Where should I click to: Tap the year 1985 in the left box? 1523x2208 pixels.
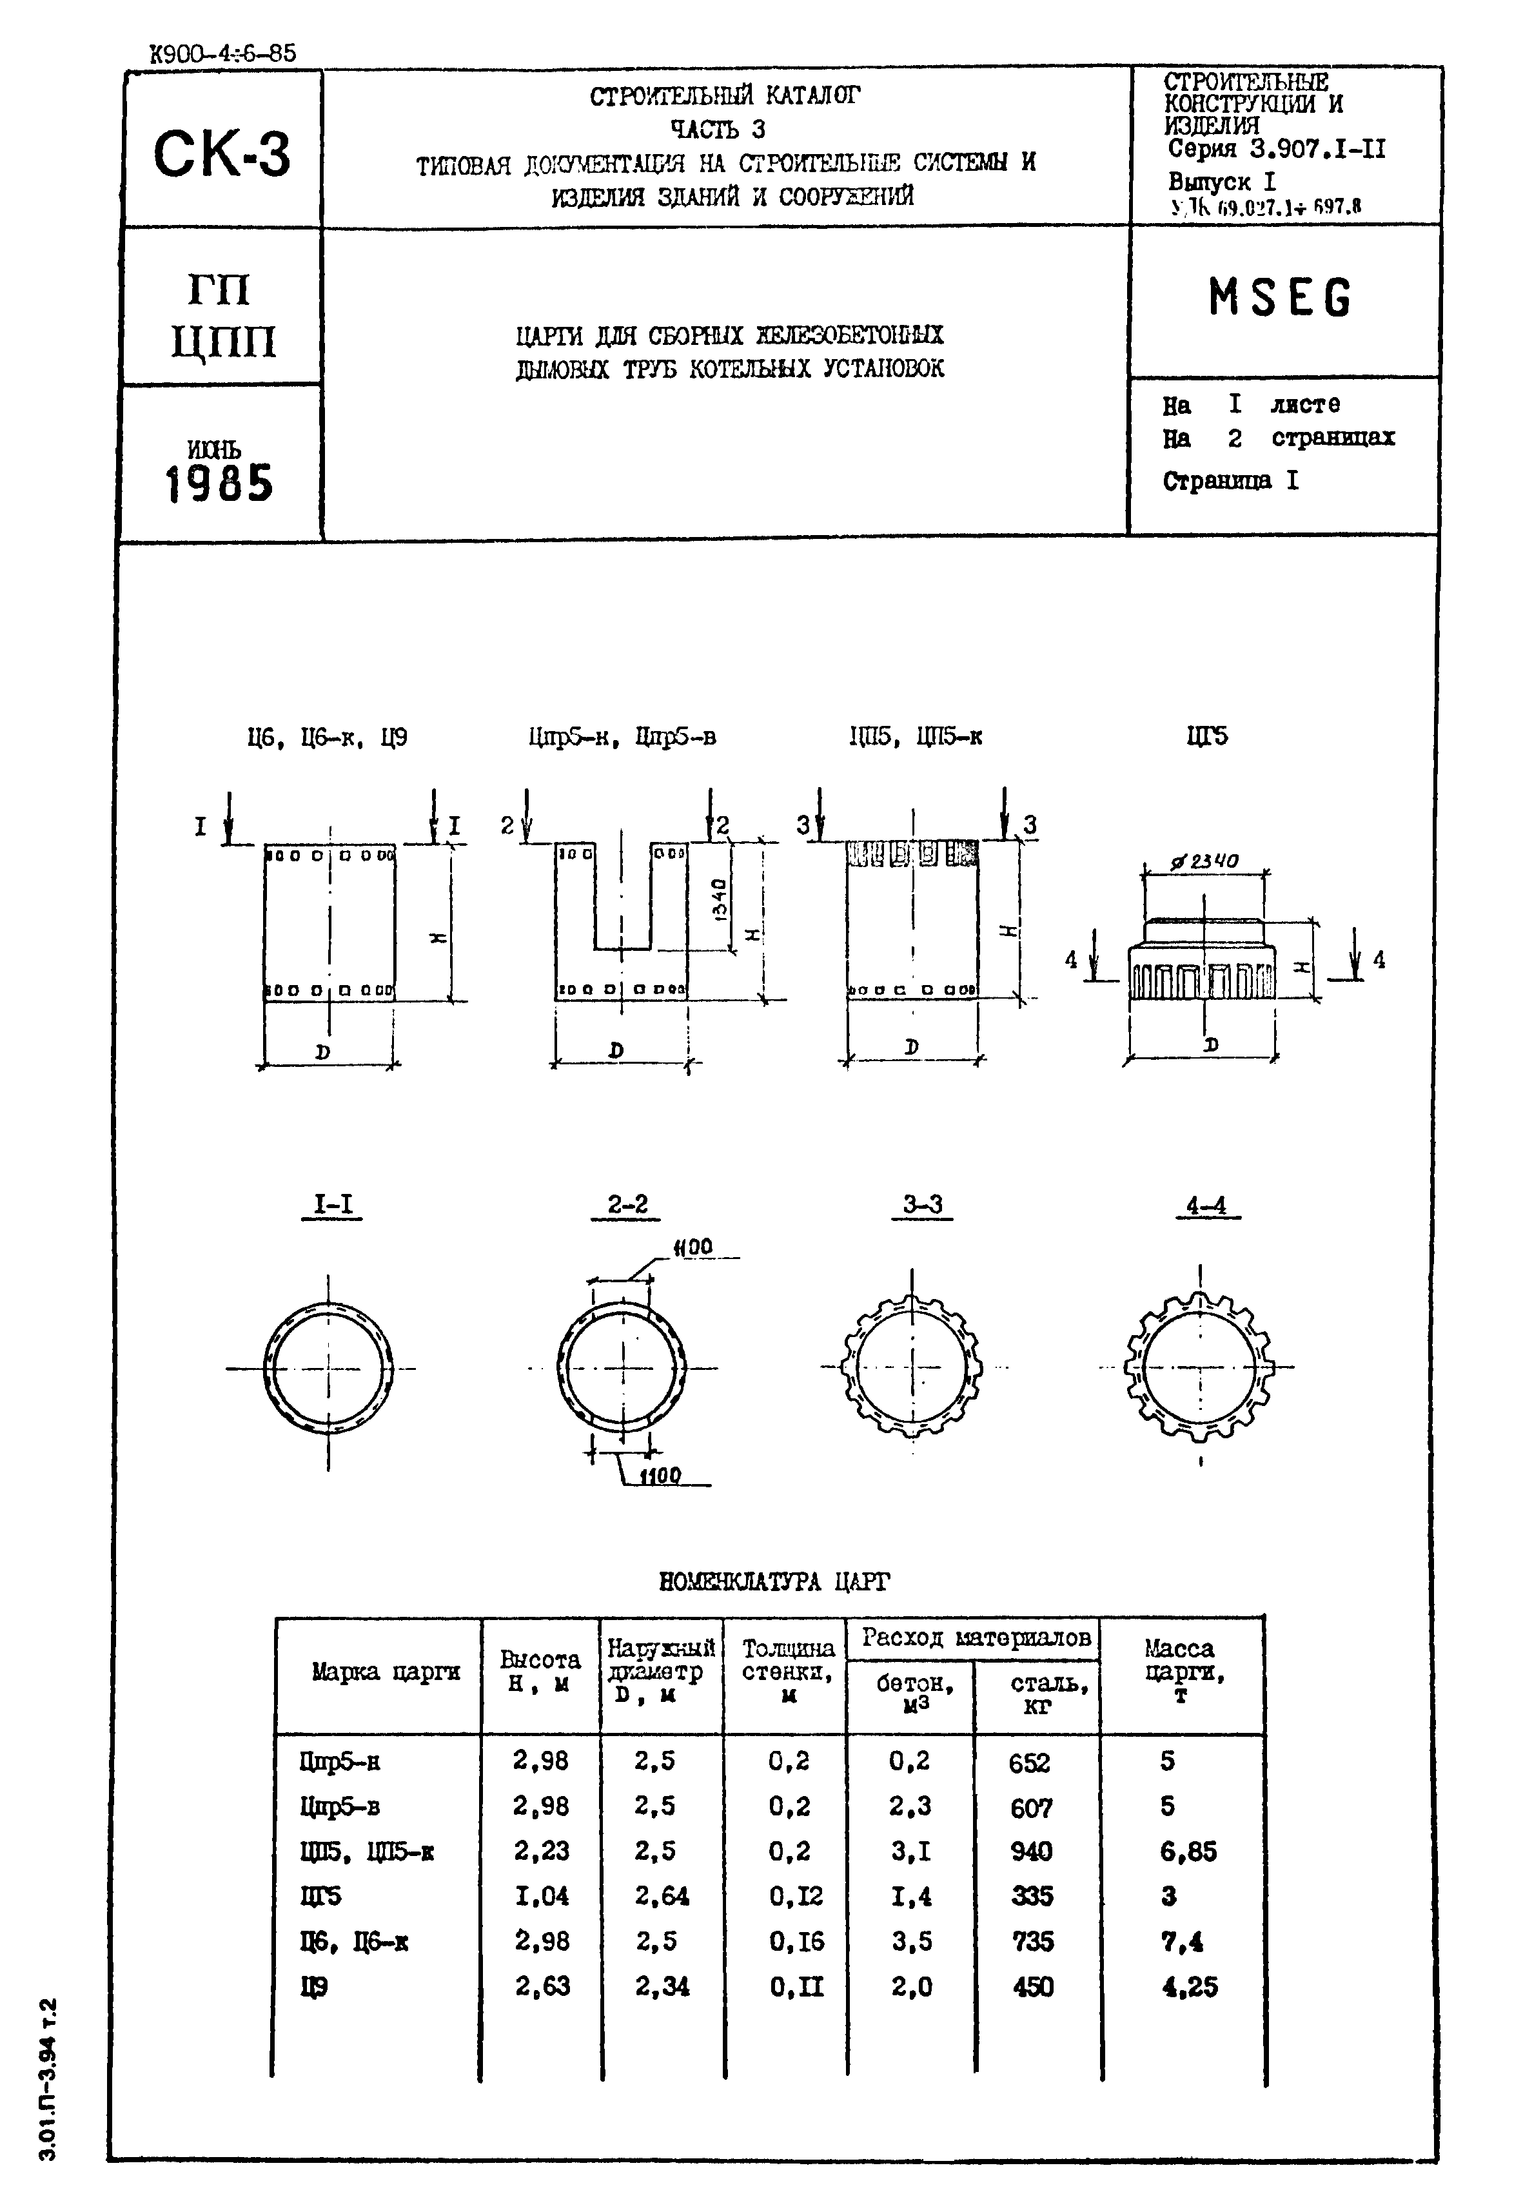click(x=219, y=484)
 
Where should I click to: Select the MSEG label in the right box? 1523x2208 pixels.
click(x=1281, y=298)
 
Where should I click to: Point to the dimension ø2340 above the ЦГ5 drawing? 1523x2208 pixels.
click(x=1204, y=861)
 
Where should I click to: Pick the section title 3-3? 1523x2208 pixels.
click(x=923, y=1205)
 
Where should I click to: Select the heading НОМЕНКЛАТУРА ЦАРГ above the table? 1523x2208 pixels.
click(x=774, y=1582)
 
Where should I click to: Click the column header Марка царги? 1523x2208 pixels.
click(x=386, y=1671)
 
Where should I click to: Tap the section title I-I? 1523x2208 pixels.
click(x=333, y=1205)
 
